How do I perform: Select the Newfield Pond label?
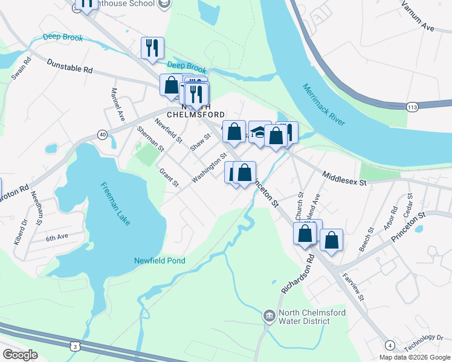pos(159,261)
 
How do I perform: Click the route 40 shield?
pos(102,135)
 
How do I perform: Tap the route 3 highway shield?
pos(74,346)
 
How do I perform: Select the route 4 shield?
pos(390,345)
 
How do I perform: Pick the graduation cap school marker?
pos(259,133)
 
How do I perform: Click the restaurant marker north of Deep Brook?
pos(152,48)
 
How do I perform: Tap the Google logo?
pos(20,354)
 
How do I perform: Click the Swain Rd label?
pos(20,68)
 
